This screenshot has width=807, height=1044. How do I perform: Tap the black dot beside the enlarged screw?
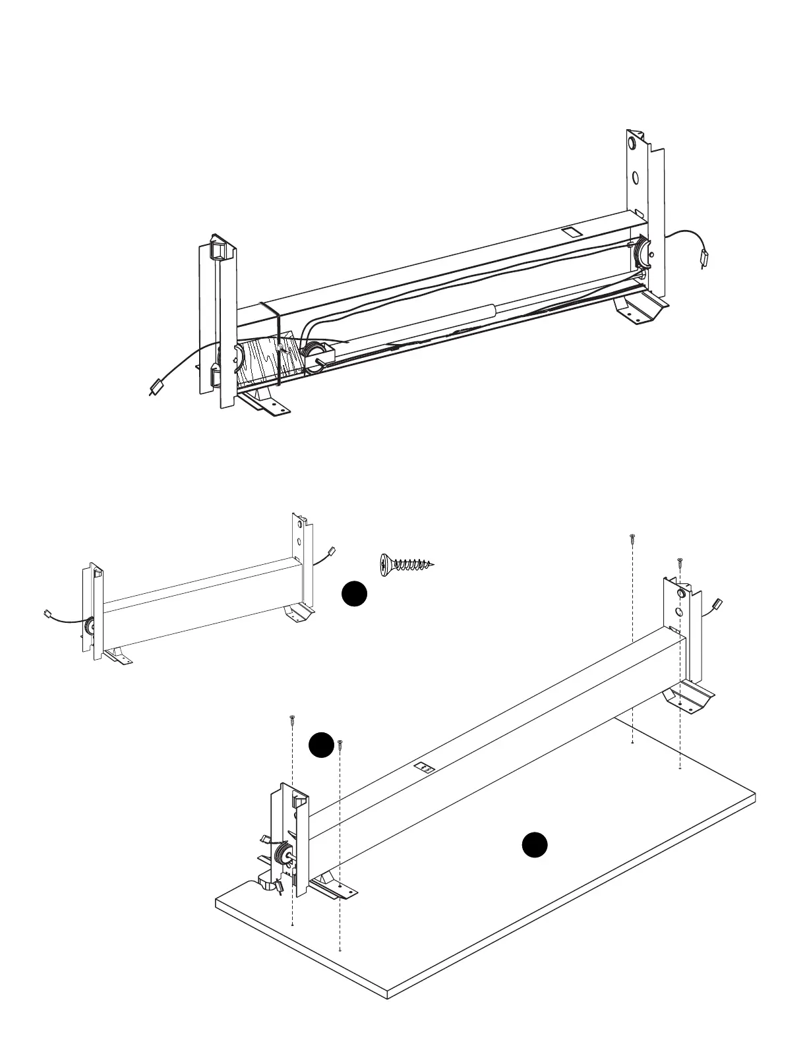354,593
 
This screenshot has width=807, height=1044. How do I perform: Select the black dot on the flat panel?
535,845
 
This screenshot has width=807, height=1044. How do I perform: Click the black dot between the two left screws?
321,745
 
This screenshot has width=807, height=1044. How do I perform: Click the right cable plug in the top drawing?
705,258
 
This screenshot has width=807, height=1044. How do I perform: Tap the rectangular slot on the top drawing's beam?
569,233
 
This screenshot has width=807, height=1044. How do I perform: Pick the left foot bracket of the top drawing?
264,403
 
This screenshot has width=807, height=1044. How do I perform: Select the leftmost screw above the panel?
291,720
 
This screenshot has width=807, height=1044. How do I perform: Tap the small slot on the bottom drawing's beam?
423,767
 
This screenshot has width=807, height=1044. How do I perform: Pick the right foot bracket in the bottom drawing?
689,698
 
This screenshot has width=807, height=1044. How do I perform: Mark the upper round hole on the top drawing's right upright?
632,143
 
